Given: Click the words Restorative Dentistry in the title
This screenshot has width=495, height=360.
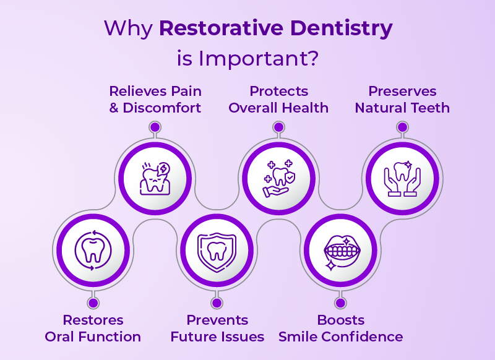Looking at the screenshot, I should [x=276, y=28].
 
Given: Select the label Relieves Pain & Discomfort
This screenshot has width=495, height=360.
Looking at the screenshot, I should [x=155, y=99].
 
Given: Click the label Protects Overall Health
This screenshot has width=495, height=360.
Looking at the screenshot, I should [x=278, y=99].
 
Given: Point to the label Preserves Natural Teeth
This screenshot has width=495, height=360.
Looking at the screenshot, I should [x=402, y=99].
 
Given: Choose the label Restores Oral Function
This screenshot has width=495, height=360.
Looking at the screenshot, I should [x=93, y=328].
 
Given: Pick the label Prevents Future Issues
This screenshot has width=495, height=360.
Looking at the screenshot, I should [x=217, y=328].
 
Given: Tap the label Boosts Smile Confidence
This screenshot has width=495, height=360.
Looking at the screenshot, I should [x=340, y=328].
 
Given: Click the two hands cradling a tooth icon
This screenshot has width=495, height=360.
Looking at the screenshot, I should [x=402, y=179].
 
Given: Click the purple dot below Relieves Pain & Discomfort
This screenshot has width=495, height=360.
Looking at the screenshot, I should [x=155, y=127].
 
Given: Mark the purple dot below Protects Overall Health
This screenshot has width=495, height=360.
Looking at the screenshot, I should [x=278, y=127].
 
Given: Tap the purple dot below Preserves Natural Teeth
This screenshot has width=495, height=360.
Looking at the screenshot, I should [x=402, y=127].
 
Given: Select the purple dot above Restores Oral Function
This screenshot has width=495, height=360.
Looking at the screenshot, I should [x=93, y=303].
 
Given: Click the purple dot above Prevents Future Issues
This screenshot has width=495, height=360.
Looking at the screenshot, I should [x=217, y=303].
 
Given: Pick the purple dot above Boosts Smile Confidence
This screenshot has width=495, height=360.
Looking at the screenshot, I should [x=340, y=303].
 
